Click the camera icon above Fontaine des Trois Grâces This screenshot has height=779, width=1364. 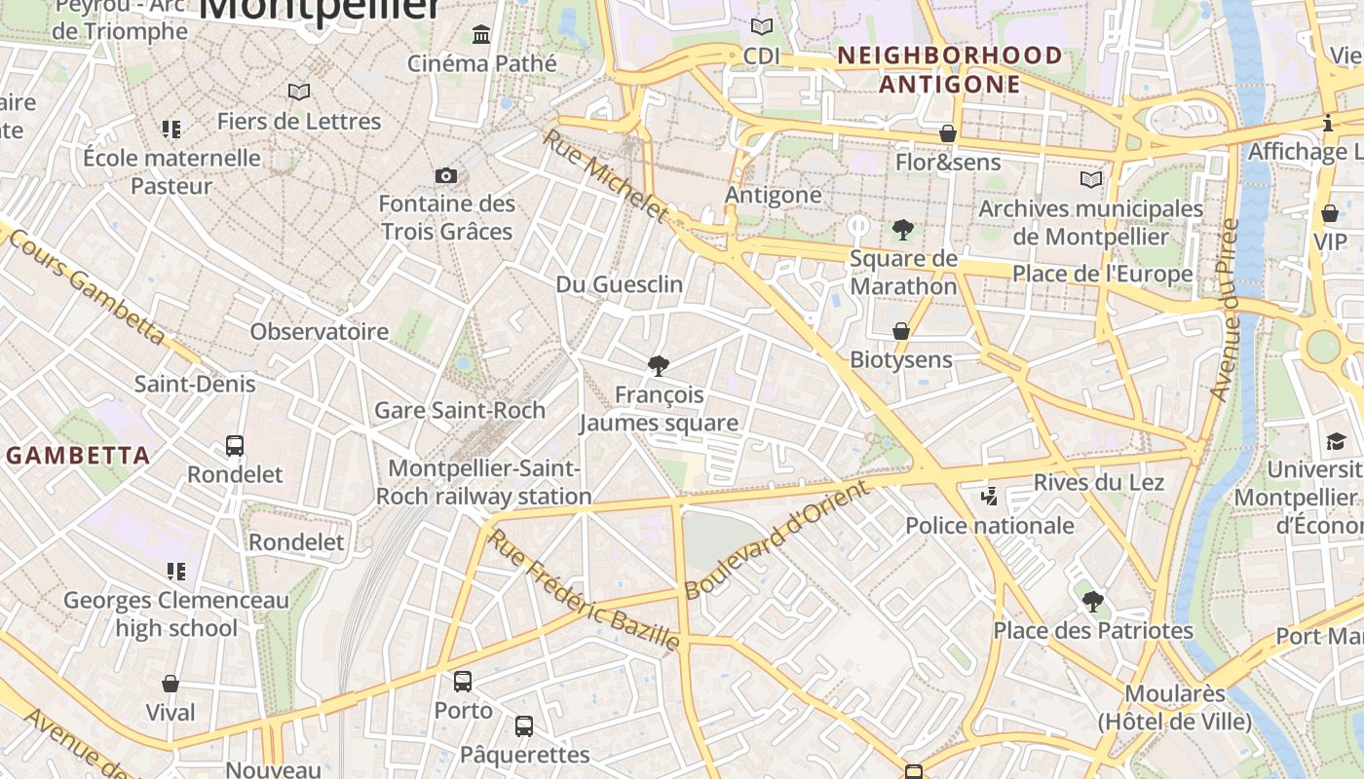[x=446, y=176]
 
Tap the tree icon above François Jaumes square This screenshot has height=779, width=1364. [x=659, y=367]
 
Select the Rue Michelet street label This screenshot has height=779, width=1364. [x=606, y=176]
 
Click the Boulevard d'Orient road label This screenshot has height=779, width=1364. [x=777, y=540]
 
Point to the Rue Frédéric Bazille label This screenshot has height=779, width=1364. [x=583, y=589]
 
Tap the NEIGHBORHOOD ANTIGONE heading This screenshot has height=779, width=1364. [x=950, y=69]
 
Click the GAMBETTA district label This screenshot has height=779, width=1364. [x=78, y=455]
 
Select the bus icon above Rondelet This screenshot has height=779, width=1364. [x=235, y=446]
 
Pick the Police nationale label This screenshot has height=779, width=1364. [x=990, y=526]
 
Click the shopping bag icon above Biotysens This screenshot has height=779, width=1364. [x=901, y=332]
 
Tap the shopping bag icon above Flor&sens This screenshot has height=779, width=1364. [x=947, y=133]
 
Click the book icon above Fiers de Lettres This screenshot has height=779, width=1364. [x=299, y=93]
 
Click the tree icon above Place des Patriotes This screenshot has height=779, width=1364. [x=1093, y=602]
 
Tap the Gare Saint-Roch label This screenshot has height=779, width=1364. [x=460, y=410]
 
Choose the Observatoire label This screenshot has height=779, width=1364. [x=320, y=331]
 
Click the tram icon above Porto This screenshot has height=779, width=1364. [x=463, y=682]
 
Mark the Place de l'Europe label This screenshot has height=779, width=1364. [x=1102, y=274]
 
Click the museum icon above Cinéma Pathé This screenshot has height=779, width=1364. [x=481, y=36]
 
